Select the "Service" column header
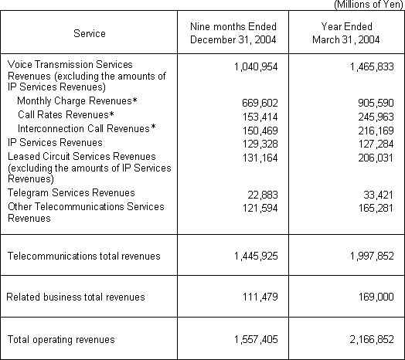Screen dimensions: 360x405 (x=90, y=34)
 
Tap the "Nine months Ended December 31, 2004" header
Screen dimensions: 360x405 (x=233, y=34)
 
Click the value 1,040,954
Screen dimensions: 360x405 (x=254, y=68)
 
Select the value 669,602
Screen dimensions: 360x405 (x=260, y=102)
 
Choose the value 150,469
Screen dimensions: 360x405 (x=260, y=128)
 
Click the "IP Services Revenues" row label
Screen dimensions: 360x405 (x=54, y=142)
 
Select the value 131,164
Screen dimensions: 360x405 (x=260, y=156)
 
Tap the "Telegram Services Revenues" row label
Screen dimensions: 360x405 (x=71, y=192)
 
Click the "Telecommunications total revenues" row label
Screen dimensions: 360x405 (x=83, y=256)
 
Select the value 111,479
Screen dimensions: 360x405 (x=260, y=297)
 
